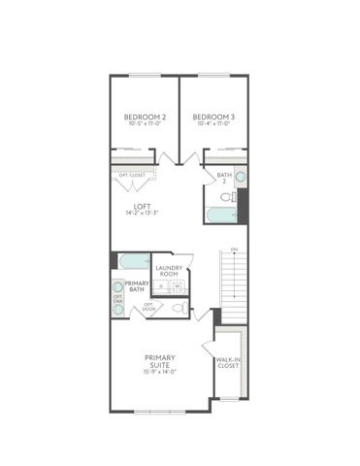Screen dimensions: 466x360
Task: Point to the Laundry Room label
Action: (x=168, y=271)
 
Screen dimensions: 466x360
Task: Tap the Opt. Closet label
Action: (x=131, y=175)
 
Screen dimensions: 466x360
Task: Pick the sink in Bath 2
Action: (x=240, y=178)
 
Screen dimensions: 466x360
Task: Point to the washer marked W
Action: (x=178, y=285)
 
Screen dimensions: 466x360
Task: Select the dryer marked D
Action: (x=162, y=285)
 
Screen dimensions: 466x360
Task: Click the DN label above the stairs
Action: (x=233, y=249)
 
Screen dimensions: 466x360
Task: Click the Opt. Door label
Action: (x=149, y=308)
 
